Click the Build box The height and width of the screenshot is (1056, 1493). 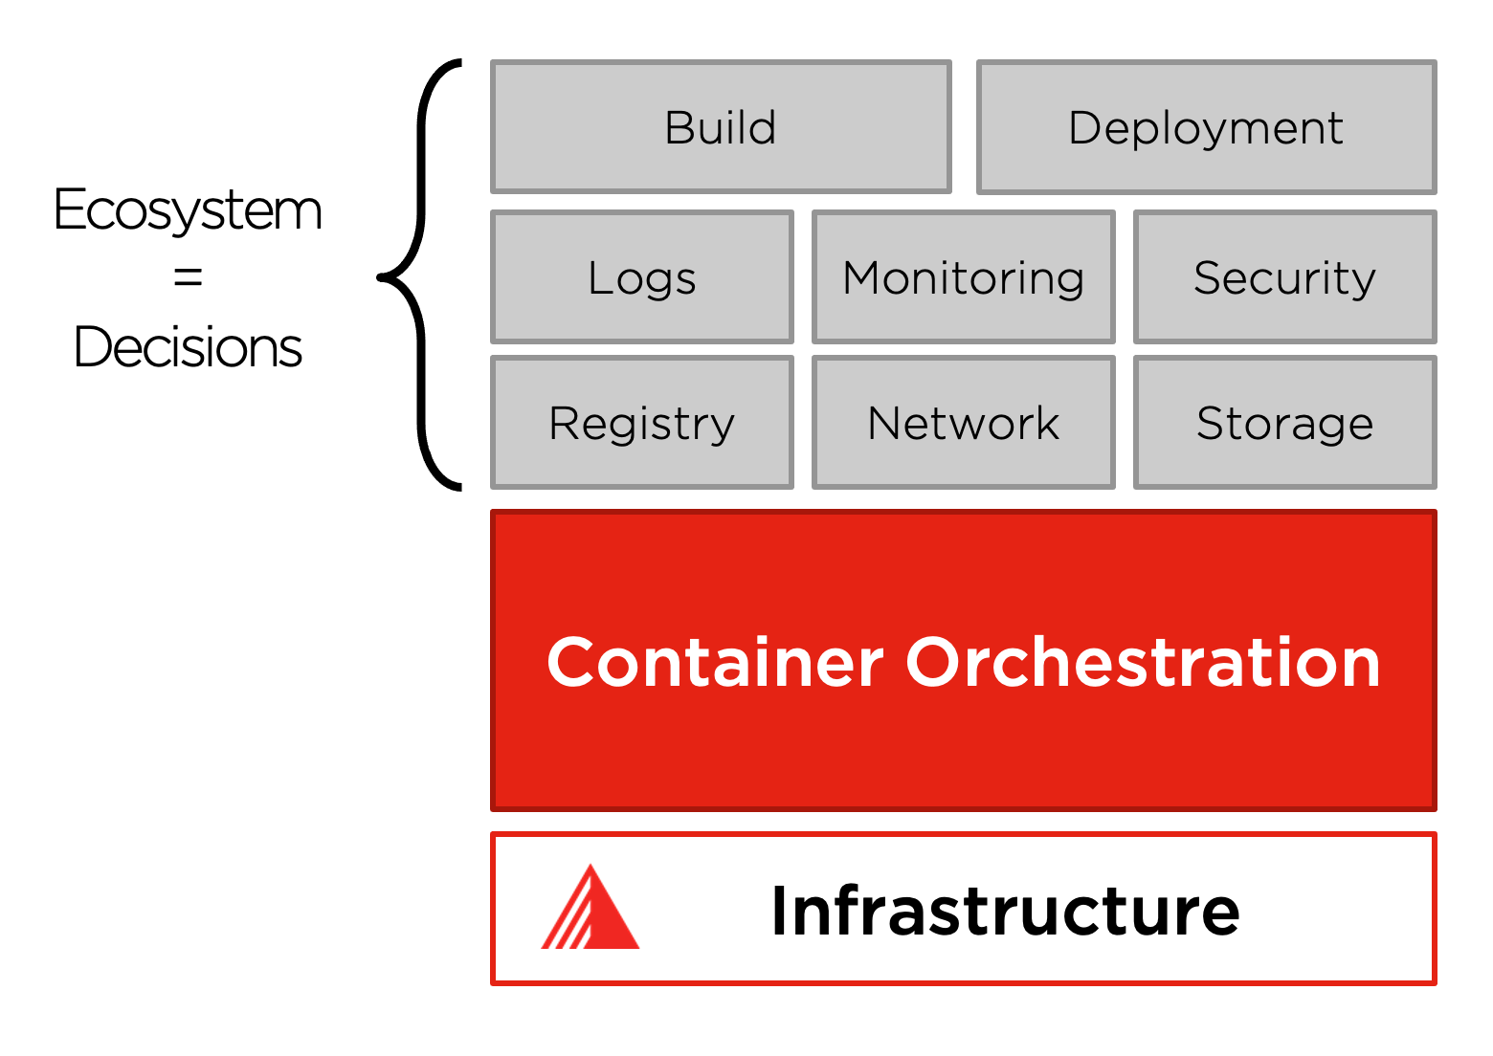[x=721, y=127]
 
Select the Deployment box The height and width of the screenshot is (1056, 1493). [x=1206, y=127]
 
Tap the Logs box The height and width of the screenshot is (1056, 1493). [x=641, y=277]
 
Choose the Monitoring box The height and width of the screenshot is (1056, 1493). [x=963, y=277]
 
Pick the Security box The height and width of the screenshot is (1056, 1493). [x=1284, y=277]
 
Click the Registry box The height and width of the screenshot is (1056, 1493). [x=641, y=423]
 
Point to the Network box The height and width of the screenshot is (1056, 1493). [x=963, y=423]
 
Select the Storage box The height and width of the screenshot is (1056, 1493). [x=1284, y=423]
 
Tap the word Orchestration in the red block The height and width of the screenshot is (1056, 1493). [x=1143, y=662]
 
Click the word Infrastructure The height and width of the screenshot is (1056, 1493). [x=1005, y=911]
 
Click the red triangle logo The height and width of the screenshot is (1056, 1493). [x=591, y=911]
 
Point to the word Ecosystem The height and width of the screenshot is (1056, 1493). [x=188, y=210]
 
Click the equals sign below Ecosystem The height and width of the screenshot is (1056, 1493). [x=188, y=277]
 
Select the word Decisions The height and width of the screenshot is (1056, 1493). [x=188, y=346]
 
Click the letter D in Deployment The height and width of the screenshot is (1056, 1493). [x=1084, y=127]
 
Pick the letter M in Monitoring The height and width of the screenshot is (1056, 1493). [x=865, y=277]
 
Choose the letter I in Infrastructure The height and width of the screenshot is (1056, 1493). [x=781, y=911]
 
